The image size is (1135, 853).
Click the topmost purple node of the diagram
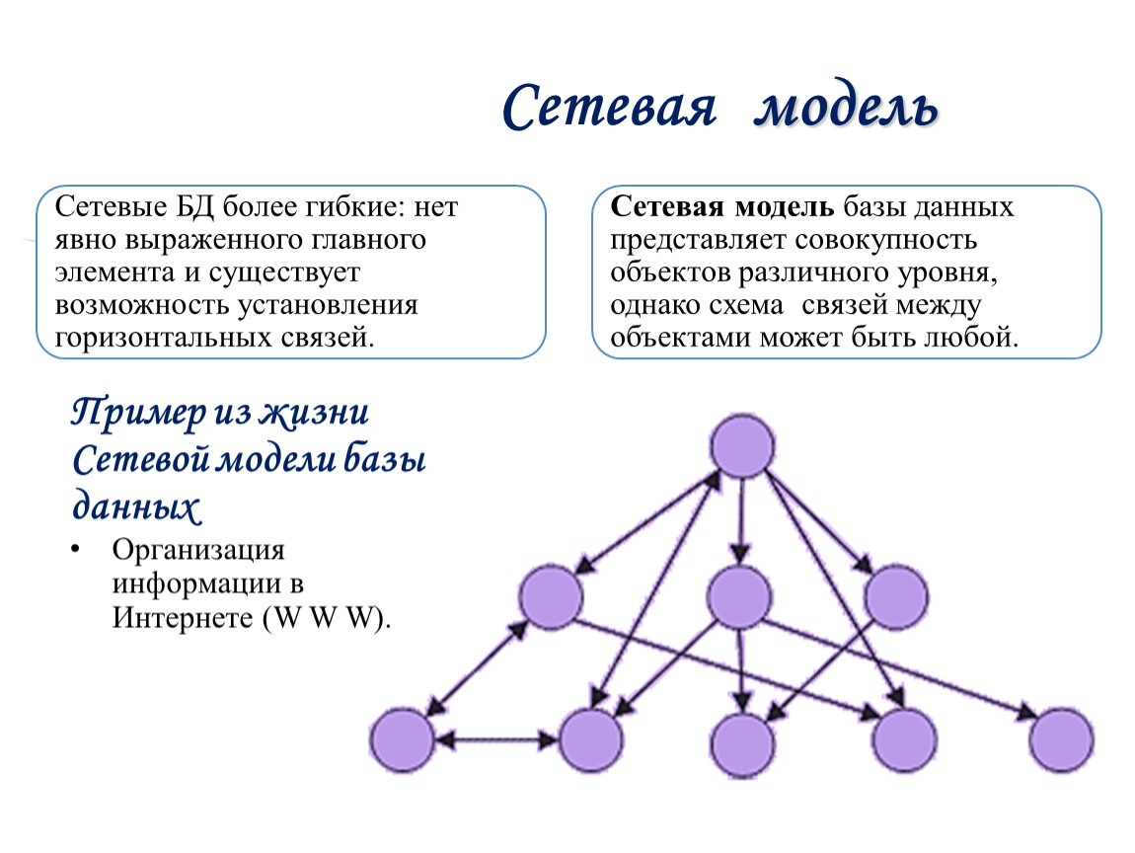point(742,446)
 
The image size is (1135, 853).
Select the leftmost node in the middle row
point(551,596)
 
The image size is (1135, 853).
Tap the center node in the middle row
point(739,597)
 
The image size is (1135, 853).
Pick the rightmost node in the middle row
point(896,597)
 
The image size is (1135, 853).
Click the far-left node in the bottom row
point(403,740)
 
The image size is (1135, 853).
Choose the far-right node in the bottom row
point(1061,740)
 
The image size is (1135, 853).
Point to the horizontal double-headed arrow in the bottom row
point(496,740)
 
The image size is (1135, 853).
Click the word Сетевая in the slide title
point(610,108)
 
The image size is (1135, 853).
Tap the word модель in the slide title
point(846,109)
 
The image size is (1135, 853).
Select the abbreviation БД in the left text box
point(195,207)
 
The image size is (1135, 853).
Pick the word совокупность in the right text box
point(886,241)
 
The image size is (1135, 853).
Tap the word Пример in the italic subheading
point(138,414)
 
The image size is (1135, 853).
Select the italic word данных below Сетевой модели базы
point(136,506)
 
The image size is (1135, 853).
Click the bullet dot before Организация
point(75,550)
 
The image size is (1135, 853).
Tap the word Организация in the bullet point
point(198,551)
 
